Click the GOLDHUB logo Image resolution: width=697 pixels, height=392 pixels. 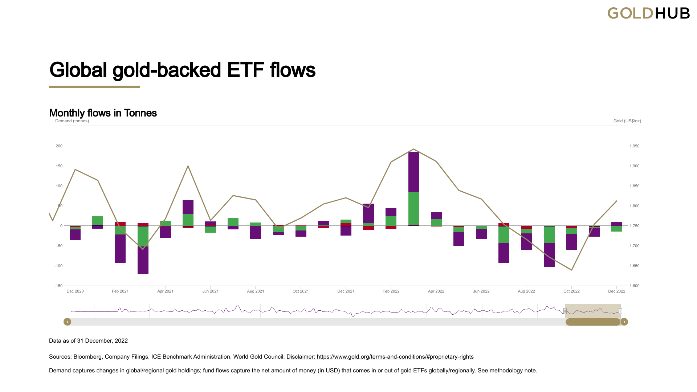click(x=648, y=13)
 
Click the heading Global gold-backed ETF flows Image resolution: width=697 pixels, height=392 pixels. click(x=182, y=70)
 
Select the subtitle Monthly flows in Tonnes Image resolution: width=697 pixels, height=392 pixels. click(x=103, y=113)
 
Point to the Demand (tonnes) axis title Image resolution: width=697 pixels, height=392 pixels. click(x=72, y=121)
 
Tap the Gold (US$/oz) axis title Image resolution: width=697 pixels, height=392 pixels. click(x=627, y=121)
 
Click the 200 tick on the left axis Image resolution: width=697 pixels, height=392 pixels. click(x=59, y=146)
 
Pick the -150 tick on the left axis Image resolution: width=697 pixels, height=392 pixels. click(x=58, y=286)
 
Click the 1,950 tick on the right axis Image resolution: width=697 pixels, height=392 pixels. click(x=634, y=146)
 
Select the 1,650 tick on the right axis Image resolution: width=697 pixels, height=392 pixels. click(x=634, y=266)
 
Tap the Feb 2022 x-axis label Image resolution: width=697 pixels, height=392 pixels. click(x=391, y=291)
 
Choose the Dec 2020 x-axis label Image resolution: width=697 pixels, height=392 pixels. click(x=75, y=291)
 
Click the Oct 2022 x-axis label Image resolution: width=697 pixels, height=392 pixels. click(x=571, y=291)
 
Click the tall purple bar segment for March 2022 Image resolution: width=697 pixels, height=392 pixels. click(x=413, y=172)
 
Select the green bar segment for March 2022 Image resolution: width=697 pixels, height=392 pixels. click(x=413, y=208)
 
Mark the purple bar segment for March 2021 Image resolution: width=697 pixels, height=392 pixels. click(x=143, y=260)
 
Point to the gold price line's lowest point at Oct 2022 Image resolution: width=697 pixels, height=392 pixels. click(x=572, y=270)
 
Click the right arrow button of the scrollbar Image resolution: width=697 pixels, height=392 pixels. click(x=624, y=322)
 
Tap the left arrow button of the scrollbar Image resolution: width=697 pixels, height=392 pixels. click(x=67, y=322)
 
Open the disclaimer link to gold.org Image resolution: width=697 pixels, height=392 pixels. click(x=380, y=357)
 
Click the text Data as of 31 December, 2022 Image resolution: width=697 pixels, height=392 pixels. click(x=88, y=341)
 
